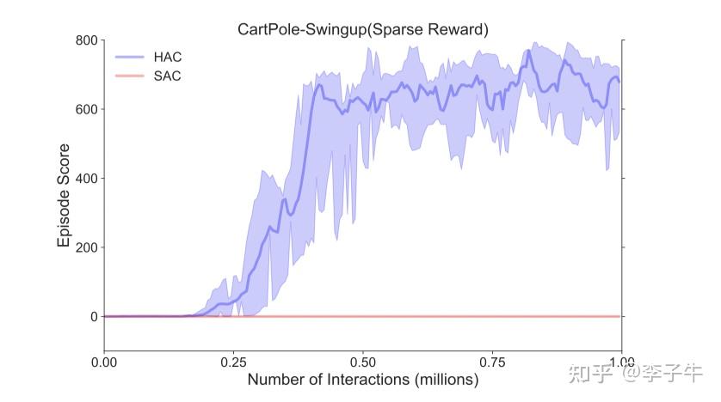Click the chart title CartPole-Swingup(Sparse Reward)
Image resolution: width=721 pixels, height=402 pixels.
coord(362,29)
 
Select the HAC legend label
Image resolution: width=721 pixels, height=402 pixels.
coord(169,57)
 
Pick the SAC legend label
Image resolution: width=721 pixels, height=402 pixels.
coord(169,76)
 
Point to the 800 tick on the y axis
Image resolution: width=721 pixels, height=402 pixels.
coord(84,40)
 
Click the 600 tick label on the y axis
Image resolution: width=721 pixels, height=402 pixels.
coord(84,109)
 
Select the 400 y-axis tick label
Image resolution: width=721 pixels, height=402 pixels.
coord(84,179)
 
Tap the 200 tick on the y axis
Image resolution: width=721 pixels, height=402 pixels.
coord(84,247)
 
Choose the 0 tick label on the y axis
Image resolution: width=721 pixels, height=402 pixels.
coord(93,316)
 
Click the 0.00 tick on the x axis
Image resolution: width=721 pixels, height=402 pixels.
coord(104,361)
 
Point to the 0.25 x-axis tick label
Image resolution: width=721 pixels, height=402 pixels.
coord(233,361)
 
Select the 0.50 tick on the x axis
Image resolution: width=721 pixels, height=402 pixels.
coord(363,361)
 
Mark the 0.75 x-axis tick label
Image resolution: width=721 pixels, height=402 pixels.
coord(492,361)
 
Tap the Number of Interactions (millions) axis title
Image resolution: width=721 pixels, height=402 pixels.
coord(362,379)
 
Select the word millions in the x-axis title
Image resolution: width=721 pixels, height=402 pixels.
coord(441,379)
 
